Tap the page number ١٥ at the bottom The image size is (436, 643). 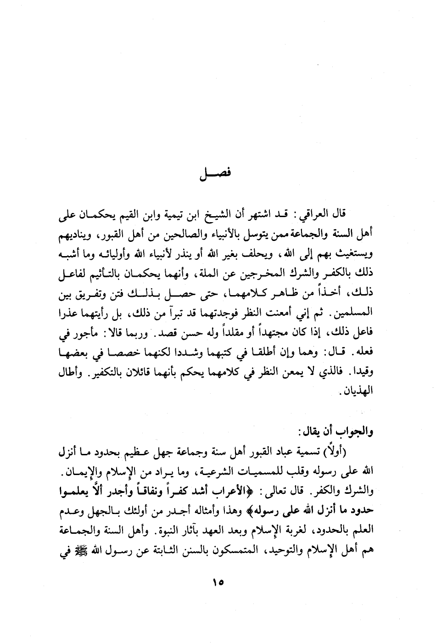[x=218, y=583]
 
